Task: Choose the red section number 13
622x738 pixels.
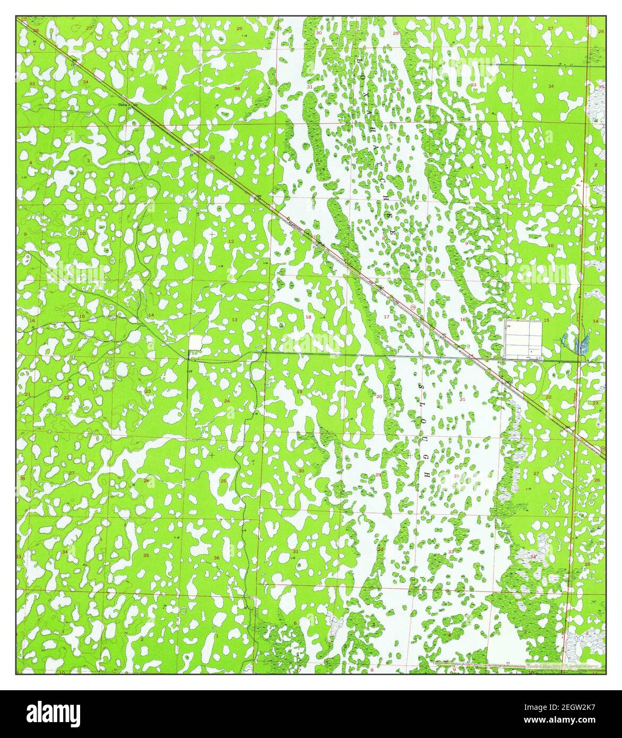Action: click(234, 319)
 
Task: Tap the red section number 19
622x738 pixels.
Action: click(300, 391)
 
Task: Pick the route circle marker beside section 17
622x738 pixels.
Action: click(412, 307)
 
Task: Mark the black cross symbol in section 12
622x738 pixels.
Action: click(212, 234)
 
